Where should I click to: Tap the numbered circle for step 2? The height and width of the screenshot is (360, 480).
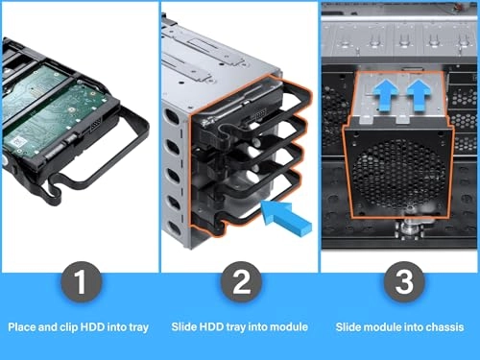coord(239,284)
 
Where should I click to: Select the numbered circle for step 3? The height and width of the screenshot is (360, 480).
coord(399,284)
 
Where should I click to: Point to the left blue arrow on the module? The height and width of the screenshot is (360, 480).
coord(383,96)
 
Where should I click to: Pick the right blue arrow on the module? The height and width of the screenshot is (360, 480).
coord(419,96)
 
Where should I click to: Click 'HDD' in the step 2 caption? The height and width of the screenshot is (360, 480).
coord(209,327)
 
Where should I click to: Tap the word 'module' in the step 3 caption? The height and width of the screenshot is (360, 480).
coord(384,327)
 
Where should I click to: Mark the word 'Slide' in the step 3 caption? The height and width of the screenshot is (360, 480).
coord(349,327)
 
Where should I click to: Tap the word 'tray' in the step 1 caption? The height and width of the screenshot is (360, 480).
coord(138,327)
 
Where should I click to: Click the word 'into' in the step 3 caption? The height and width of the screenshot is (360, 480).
coord(413,327)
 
